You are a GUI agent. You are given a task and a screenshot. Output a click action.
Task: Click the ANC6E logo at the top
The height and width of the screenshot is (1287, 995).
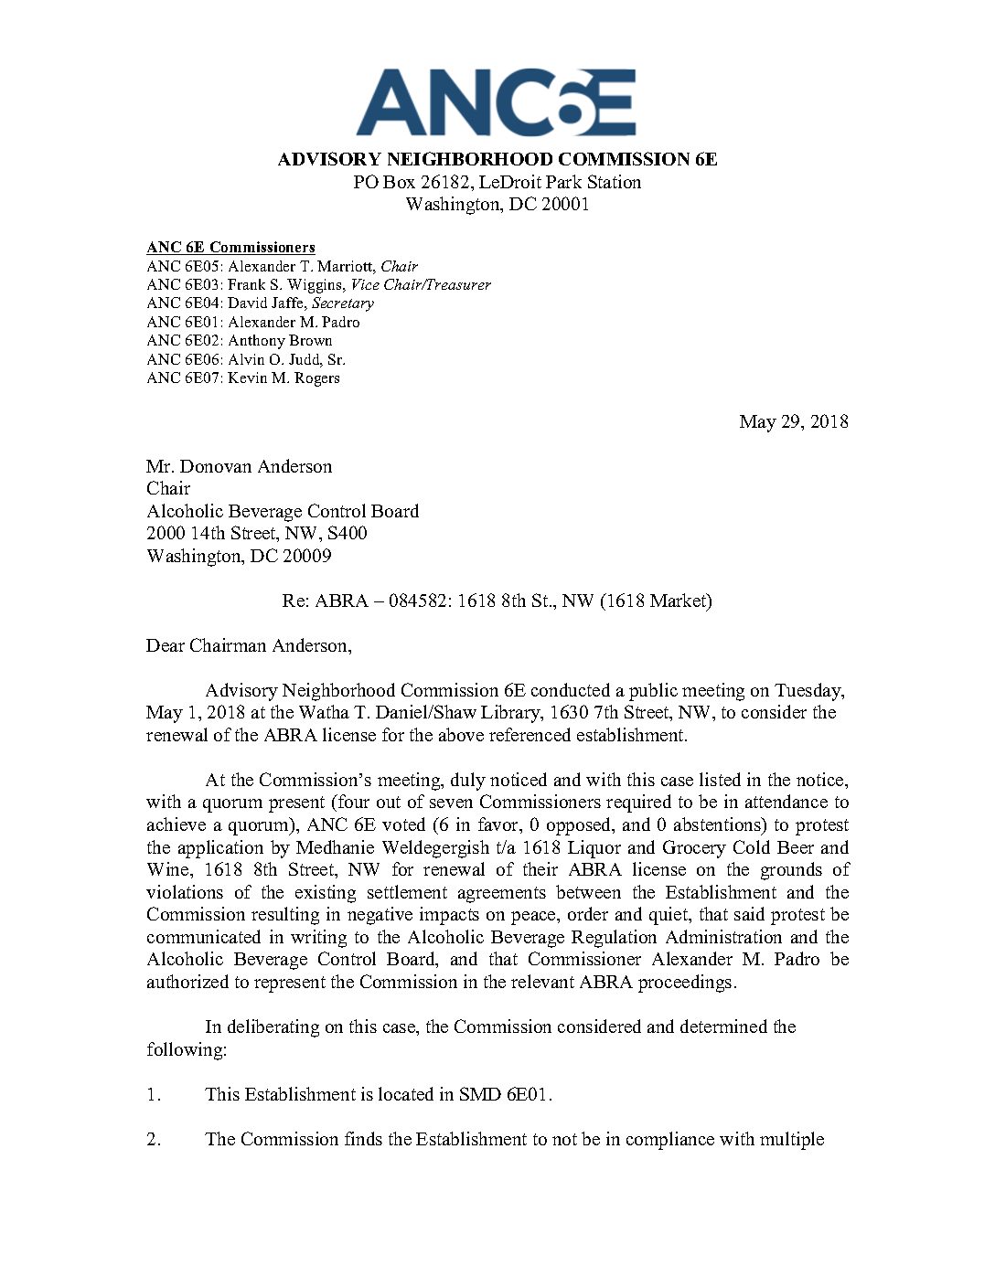pyautogui.click(x=496, y=103)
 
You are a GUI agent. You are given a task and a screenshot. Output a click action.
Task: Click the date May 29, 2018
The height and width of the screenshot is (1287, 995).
pyautogui.click(x=793, y=421)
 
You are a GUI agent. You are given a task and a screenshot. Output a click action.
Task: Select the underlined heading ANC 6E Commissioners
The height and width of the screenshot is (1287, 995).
pyautogui.click(x=230, y=247)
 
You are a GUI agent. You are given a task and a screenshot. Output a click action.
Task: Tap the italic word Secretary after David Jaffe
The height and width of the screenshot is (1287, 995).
pyautogui.click(x=343, y=303)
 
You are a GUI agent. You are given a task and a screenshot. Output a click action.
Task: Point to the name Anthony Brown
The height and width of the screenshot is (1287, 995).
pyautogui.click(x=280, y=340)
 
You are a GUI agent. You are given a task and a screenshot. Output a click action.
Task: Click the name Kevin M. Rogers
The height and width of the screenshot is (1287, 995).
pyautogui.click(x=284, y=378)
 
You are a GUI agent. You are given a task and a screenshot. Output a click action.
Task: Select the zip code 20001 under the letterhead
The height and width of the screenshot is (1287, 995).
pyautogui.click(x=564, y=204)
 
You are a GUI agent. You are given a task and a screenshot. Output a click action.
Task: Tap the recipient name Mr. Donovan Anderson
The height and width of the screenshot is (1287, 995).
pyautogui.click(x=239, y=466)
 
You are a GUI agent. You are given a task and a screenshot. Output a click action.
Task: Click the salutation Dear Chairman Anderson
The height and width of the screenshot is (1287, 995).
pyautogui.click(x=249, y=645)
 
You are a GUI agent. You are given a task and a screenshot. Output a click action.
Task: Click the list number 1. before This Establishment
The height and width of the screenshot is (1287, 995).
pyautogui.click(x=154, y=1094)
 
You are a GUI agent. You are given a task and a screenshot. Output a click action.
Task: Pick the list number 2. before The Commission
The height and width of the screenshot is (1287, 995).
pyautogui.click(x=154, y=1139)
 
